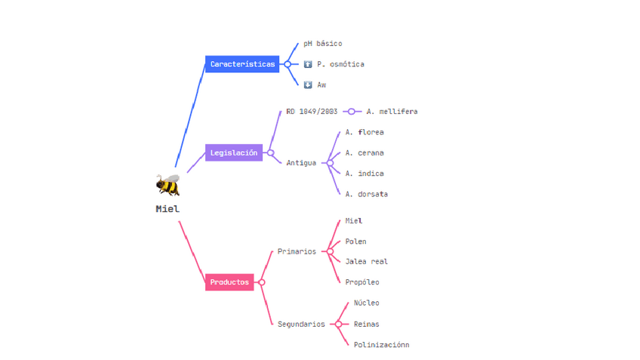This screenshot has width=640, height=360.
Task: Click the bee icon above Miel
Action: coord(168,185)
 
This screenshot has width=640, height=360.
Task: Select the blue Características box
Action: coord(242,64)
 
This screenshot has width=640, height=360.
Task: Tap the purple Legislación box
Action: coord(234,152)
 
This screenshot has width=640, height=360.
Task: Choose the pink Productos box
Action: coord(229,282)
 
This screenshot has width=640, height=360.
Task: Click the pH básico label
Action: coord(322,44)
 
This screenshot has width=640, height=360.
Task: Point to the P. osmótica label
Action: coord(340,64)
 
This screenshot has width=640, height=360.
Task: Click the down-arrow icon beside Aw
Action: coord(308,85)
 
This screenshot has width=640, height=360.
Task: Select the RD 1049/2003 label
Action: coord(312,112)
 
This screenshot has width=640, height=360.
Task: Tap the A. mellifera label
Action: coord(392,112)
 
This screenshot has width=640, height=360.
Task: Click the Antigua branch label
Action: coord(301,163)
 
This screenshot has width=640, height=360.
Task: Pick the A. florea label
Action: coord(365,132)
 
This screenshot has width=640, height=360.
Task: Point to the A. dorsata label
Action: coord(366,194)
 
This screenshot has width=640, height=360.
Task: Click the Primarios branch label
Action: coord(297,251)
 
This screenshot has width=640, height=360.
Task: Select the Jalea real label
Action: coord(366,261)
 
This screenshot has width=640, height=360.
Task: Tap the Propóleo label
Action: coord(362,282)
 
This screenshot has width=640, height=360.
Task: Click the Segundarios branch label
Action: coord(301,324)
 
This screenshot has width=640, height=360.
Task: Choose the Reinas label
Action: coord(367,324)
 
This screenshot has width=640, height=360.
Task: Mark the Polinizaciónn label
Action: coord(381,345)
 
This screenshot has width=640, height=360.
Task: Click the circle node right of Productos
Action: coord(262,282)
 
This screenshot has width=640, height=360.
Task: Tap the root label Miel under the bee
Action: coord(168,209)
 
